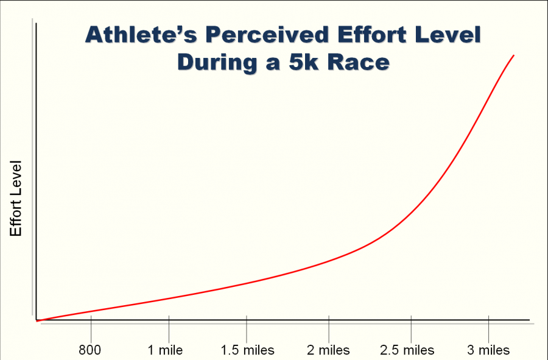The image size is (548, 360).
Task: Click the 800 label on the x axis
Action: [90, 350]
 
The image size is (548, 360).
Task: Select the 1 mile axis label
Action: [165, 350]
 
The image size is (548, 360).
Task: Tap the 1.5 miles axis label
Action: [247, 350]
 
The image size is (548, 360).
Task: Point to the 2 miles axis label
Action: [328, 350]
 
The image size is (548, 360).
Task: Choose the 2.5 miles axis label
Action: [407, 350]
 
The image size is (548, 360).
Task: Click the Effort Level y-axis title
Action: [16, 199]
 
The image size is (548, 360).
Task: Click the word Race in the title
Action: [359, 62]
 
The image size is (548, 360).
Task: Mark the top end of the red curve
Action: [515, 55]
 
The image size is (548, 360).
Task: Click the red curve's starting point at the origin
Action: [38, 320]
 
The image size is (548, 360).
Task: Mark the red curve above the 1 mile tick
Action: [169, 298]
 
